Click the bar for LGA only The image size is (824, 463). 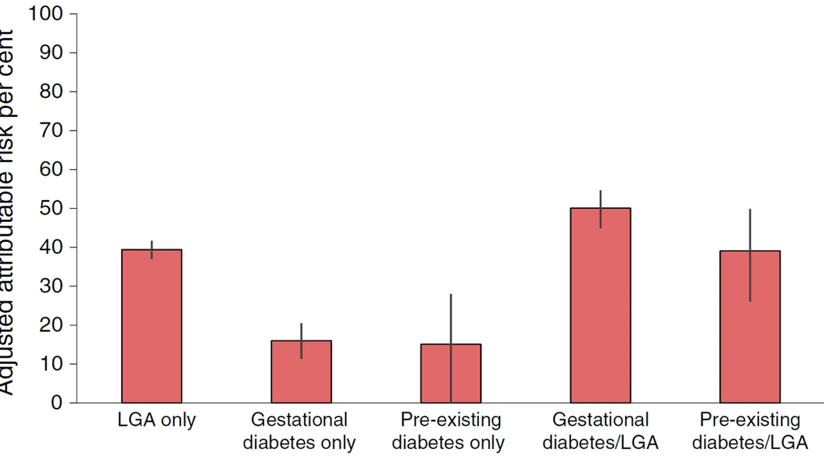pos(151,328)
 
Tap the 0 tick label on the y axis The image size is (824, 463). pos(57,403)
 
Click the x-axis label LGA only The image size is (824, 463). pos(156,421)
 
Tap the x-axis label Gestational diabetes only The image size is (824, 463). pos(299,431)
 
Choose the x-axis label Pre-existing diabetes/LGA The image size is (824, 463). pos(749,431)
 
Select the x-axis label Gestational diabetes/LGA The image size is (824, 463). pos(600,431)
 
